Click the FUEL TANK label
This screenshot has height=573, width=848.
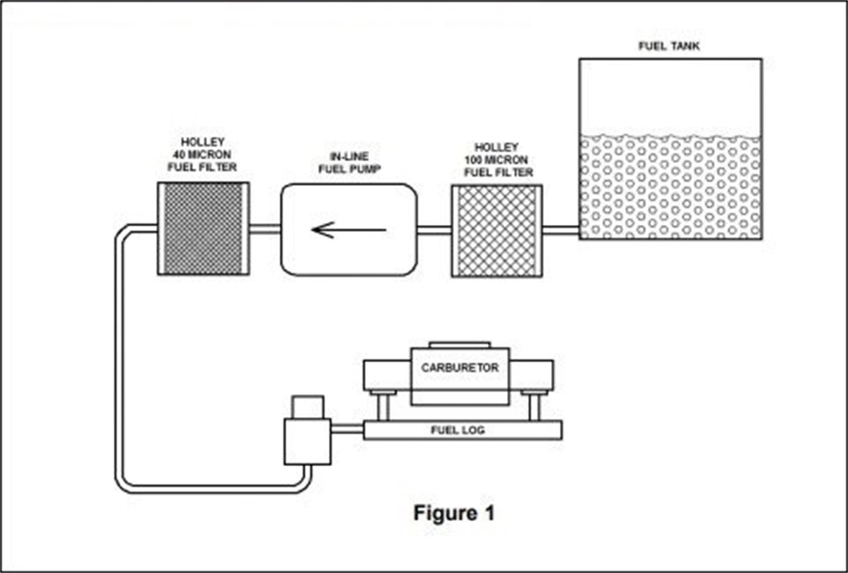[669, 46]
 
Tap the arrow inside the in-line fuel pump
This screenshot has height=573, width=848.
[349, 230]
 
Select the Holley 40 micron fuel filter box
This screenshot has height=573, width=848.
[203, 228]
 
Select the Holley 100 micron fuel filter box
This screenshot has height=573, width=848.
[496, 230]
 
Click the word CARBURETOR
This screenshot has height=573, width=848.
[460, 368]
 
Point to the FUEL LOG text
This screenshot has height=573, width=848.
[458, 430]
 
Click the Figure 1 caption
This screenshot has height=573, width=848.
[454, 513]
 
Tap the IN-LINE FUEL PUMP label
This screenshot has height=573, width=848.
[349, 163]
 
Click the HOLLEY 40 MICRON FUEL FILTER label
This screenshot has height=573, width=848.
[202, 155]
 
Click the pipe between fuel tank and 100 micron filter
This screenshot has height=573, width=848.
[560, 230]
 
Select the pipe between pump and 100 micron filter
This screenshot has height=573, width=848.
[434, 230]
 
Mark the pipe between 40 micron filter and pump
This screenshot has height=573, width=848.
[265, 229]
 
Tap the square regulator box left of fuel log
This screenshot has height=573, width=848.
[308, 442]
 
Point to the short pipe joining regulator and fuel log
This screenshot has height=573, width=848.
[347, 430]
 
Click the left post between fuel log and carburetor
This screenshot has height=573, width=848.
[383, 406]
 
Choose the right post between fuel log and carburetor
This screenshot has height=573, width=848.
[533, 406]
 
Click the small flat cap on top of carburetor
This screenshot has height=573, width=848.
[460, 344]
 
